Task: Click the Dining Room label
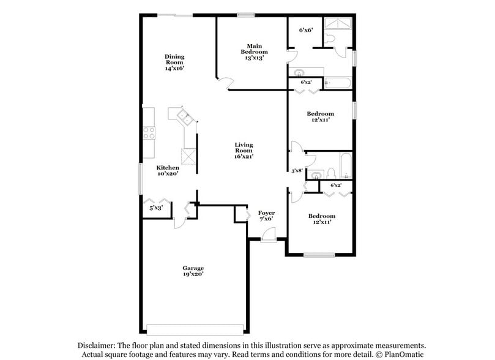pos(174,62)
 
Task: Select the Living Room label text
pos(244,150)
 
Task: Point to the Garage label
pos(193,271)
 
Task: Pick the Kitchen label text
pos(168,170)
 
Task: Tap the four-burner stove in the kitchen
pos(149,133)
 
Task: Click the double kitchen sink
pos(184,115)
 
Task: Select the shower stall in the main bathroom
pos(337,24)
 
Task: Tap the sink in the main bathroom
pos(301,80)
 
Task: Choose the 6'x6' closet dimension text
pos(305,29)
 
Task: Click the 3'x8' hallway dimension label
pos(297,171)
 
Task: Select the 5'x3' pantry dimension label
pos(156,208)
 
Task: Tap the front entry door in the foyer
pos(269,235)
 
